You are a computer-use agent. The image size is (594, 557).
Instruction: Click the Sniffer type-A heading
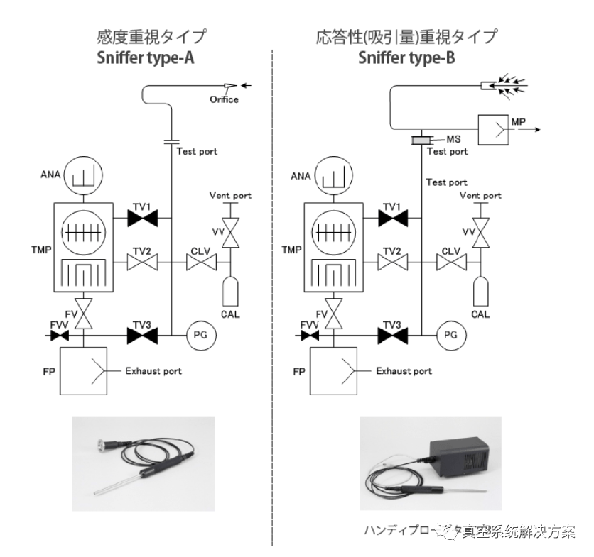point(146,58)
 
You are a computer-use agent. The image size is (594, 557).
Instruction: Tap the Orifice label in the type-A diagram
point(224,99)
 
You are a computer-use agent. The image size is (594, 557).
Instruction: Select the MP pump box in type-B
point(495,130)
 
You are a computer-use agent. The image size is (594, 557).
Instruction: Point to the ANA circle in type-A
point(82,175)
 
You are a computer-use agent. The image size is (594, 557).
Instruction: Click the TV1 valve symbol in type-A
point(142,219)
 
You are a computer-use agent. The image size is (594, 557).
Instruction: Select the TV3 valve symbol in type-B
point(392,334)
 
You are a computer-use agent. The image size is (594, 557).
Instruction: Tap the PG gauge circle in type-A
point(199,334)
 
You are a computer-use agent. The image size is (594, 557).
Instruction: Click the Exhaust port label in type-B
point(404,371)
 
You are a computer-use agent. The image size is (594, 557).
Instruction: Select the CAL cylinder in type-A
point(229,292)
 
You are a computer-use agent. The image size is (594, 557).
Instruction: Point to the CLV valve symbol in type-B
point(450,263)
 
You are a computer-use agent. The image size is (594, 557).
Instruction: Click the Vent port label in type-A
point(230,196)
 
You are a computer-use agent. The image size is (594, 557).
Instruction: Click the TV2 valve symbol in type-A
point(142,263)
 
